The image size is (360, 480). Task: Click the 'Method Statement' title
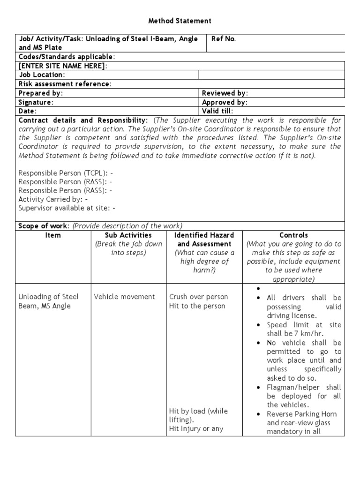pyautogui.click(x=180, y=21)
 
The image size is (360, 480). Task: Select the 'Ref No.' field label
pyautogui.click(x=224, y=39)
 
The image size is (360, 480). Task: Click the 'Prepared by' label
pyautogui.click(x=40, y=93)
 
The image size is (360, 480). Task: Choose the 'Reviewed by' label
pyautogui.click(x=225, y=93)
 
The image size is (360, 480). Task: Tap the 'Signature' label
pyautogui.click(x=36, y=102)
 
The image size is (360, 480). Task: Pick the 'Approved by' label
pyautogui.click(x=225, y=102)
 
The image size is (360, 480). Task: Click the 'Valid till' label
pyautogui.click(x=217, y=111)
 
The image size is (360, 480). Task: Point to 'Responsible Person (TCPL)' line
pyautogui.click(x=66, y=173)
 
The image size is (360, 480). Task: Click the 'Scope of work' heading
pyautogui.click(x=44, y=225)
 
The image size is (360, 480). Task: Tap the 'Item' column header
pyautogui.click(x=53, y=235)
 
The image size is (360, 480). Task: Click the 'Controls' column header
pyautogui.click(x=293, y=235)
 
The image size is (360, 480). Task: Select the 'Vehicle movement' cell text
pyautogui.click(x=124, y=297)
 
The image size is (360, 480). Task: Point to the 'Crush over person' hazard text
pyautogui.click(x=199, y=297)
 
